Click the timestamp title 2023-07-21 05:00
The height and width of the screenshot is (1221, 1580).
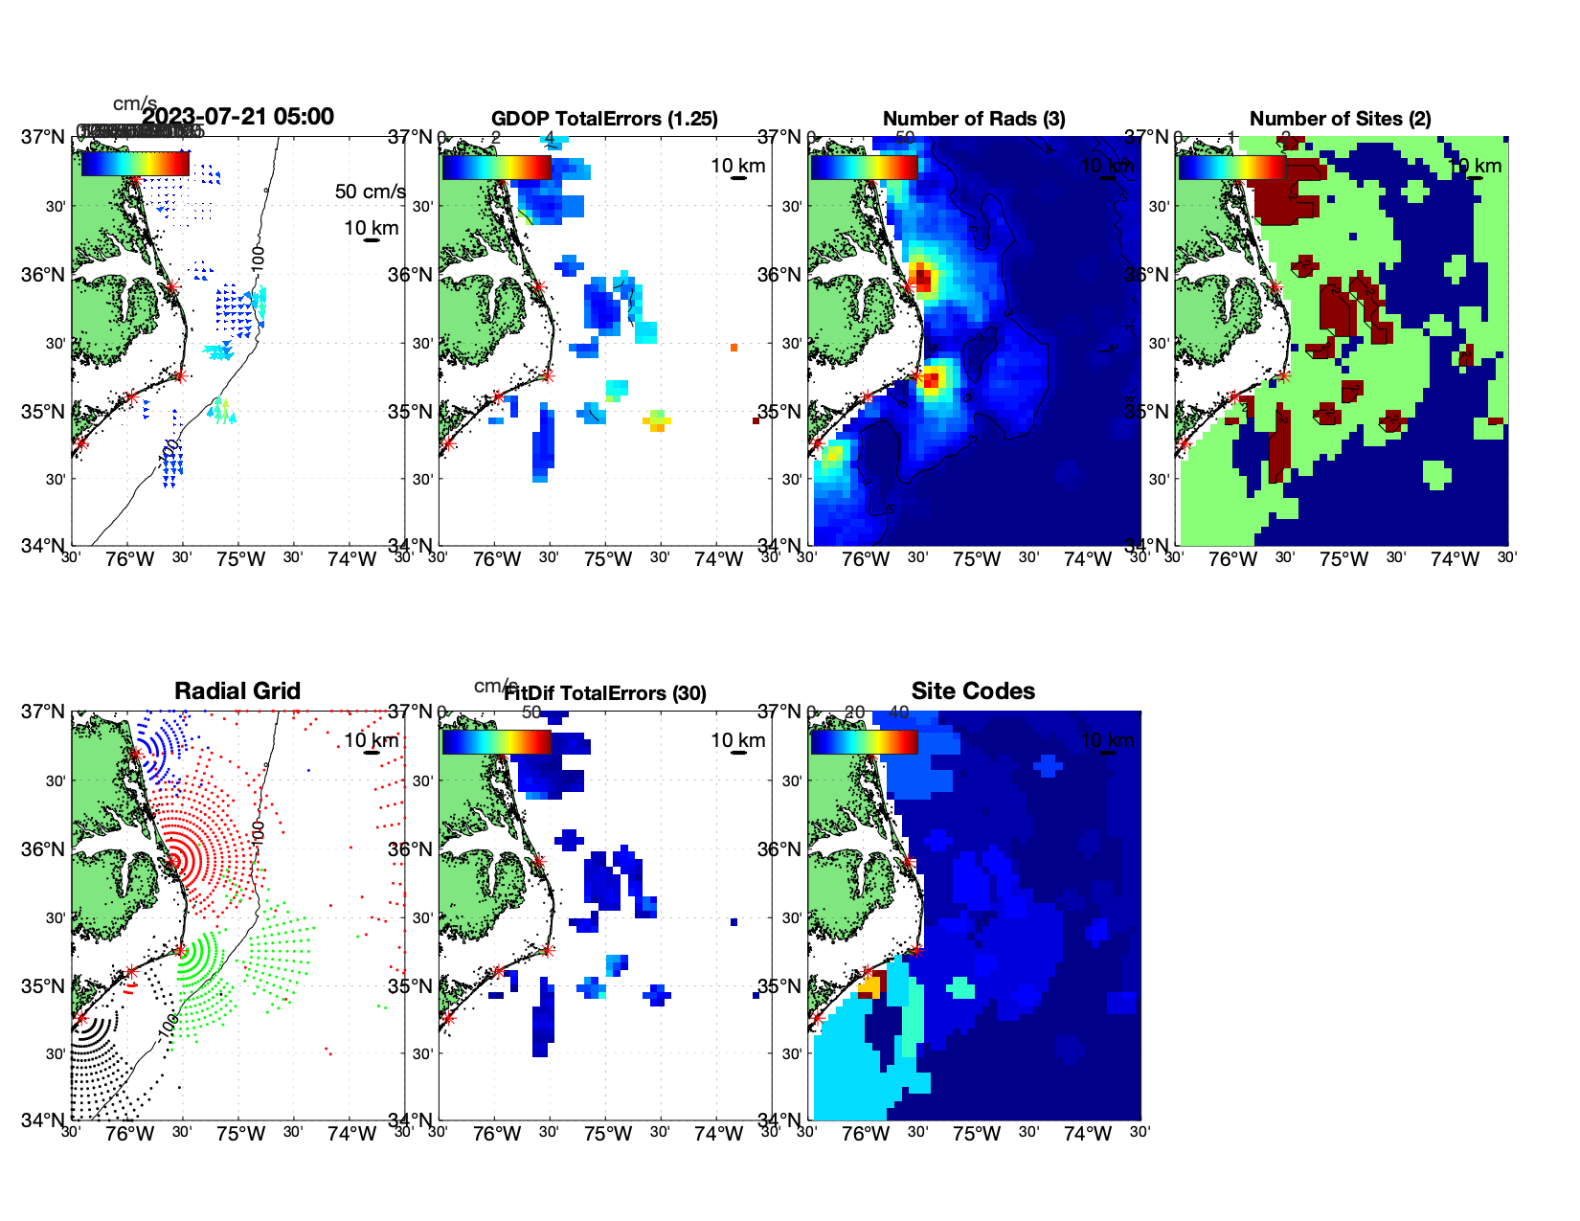[x=237, y=117]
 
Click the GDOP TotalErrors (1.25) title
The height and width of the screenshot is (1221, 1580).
[x=604, y=119]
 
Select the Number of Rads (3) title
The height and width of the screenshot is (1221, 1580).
[x=974, y=119]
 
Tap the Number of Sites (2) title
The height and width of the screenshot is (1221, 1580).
[x=1340, y=119]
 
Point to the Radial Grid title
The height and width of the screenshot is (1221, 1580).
[x=237, y=691]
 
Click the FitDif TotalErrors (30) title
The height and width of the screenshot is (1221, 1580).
[x=604, y=693]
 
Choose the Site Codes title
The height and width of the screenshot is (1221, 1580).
[x=973, y=691]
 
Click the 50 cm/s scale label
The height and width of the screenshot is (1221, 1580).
[x=370, y=192]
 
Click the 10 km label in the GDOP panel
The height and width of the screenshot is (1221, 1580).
[x=737, y=166]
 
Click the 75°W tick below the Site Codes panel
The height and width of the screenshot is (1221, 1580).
[x=977, y=1134]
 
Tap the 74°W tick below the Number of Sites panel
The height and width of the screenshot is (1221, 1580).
[x=1455, y=559]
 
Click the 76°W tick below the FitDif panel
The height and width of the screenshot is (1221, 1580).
[x=497, y=1134]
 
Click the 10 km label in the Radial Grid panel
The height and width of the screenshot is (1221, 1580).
[x=371, y=740]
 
